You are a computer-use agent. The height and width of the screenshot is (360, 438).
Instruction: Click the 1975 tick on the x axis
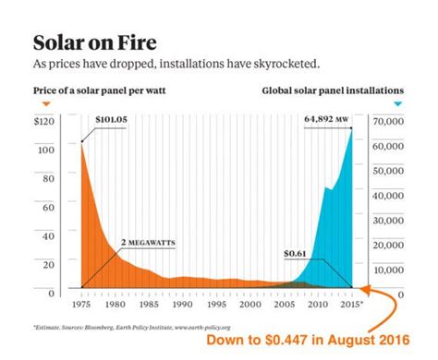click(x=81, y=303)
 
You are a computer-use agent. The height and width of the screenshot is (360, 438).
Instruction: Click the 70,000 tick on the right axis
click(x=387, y=121)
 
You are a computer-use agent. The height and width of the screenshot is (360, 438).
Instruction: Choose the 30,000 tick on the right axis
click(x=387, y=221)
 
